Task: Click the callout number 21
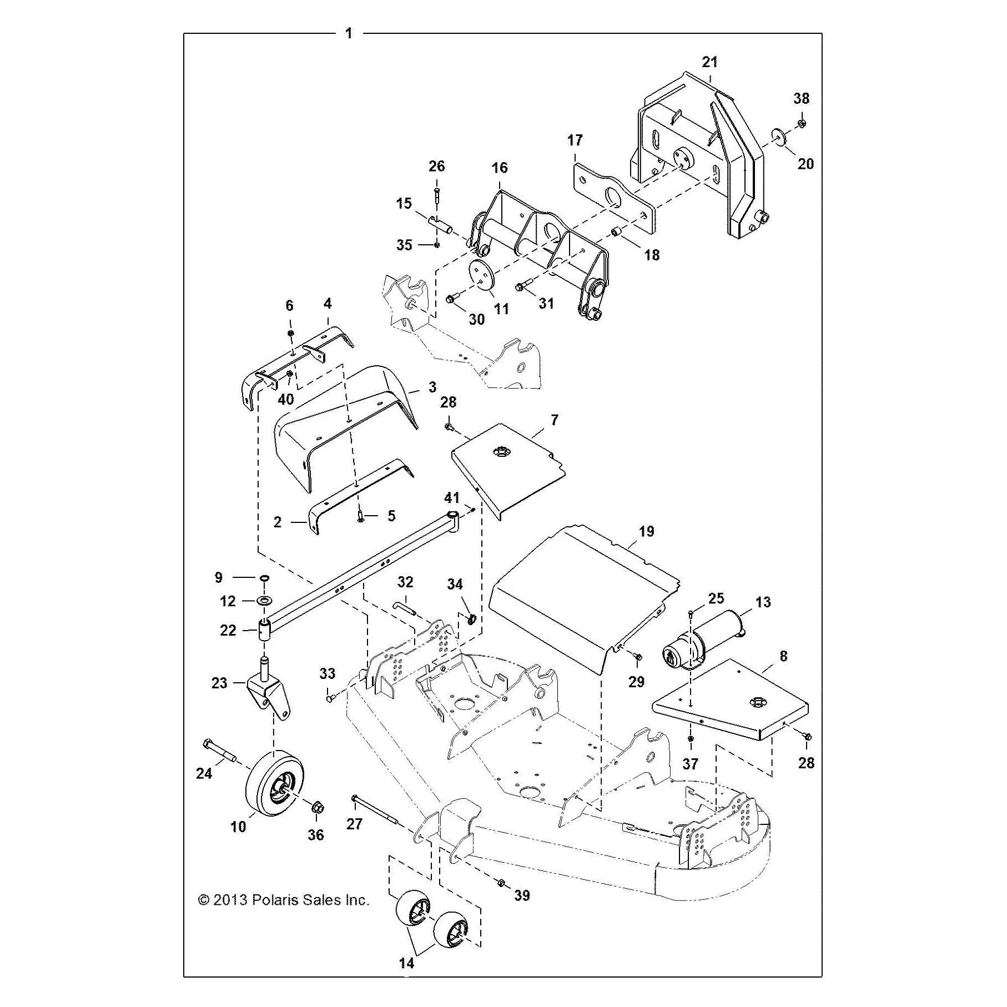pos(710,62)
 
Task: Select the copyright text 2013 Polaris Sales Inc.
pos(284,900)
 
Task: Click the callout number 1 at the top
pos(349,33)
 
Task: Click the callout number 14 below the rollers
pos(407,963)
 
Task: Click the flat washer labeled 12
pos(263,601)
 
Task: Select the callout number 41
pos(452,497)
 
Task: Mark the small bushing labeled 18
pos(616,231)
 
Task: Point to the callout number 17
pos(575,140)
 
